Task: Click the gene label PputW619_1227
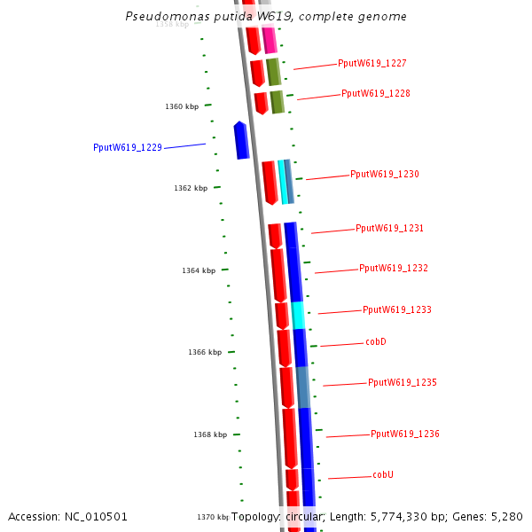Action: pos(372,64)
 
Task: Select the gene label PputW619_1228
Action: pos(376,93)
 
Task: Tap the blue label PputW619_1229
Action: pos(128,148)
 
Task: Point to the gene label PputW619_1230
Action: pos(385,175)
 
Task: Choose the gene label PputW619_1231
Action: pos(389,229)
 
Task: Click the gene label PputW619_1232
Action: pos(394,268)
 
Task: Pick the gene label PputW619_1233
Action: pos(397,310)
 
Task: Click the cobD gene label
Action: pos(376,342)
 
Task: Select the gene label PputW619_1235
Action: pos(403,383)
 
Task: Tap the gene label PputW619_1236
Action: pos(405,434)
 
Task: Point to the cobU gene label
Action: pos(383,475)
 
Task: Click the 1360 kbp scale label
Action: pos(182,107)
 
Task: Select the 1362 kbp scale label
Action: pos(191,189)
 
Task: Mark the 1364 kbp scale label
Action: pos(199,270)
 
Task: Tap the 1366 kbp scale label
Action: pos(205,353)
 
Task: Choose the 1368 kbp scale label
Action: pos(210,435)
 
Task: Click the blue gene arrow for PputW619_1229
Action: pos(241,140)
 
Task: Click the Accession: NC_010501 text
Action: pos(68,516)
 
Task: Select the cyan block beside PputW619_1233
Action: pos(298,315)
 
